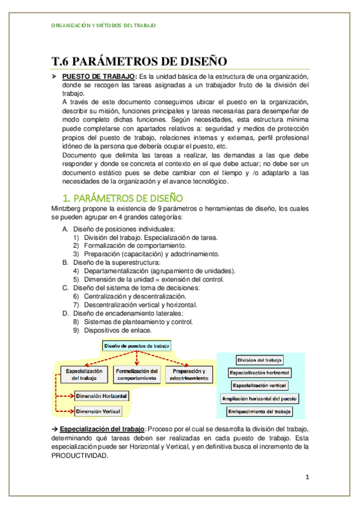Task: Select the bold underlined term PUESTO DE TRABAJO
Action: click(99, 77)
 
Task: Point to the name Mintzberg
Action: click(69, 209)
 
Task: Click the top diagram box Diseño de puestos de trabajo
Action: click(136, 346)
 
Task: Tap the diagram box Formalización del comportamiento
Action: click(137, 374)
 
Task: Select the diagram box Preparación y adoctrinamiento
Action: click(188, 374)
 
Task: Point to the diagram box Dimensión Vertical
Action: click(97, 411)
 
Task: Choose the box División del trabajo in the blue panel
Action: click(260, 360)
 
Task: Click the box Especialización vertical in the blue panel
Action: click(260, 385)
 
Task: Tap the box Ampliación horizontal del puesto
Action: click(260, 398)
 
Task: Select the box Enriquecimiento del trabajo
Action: click(260, 412)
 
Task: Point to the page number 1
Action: click(307, 478)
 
